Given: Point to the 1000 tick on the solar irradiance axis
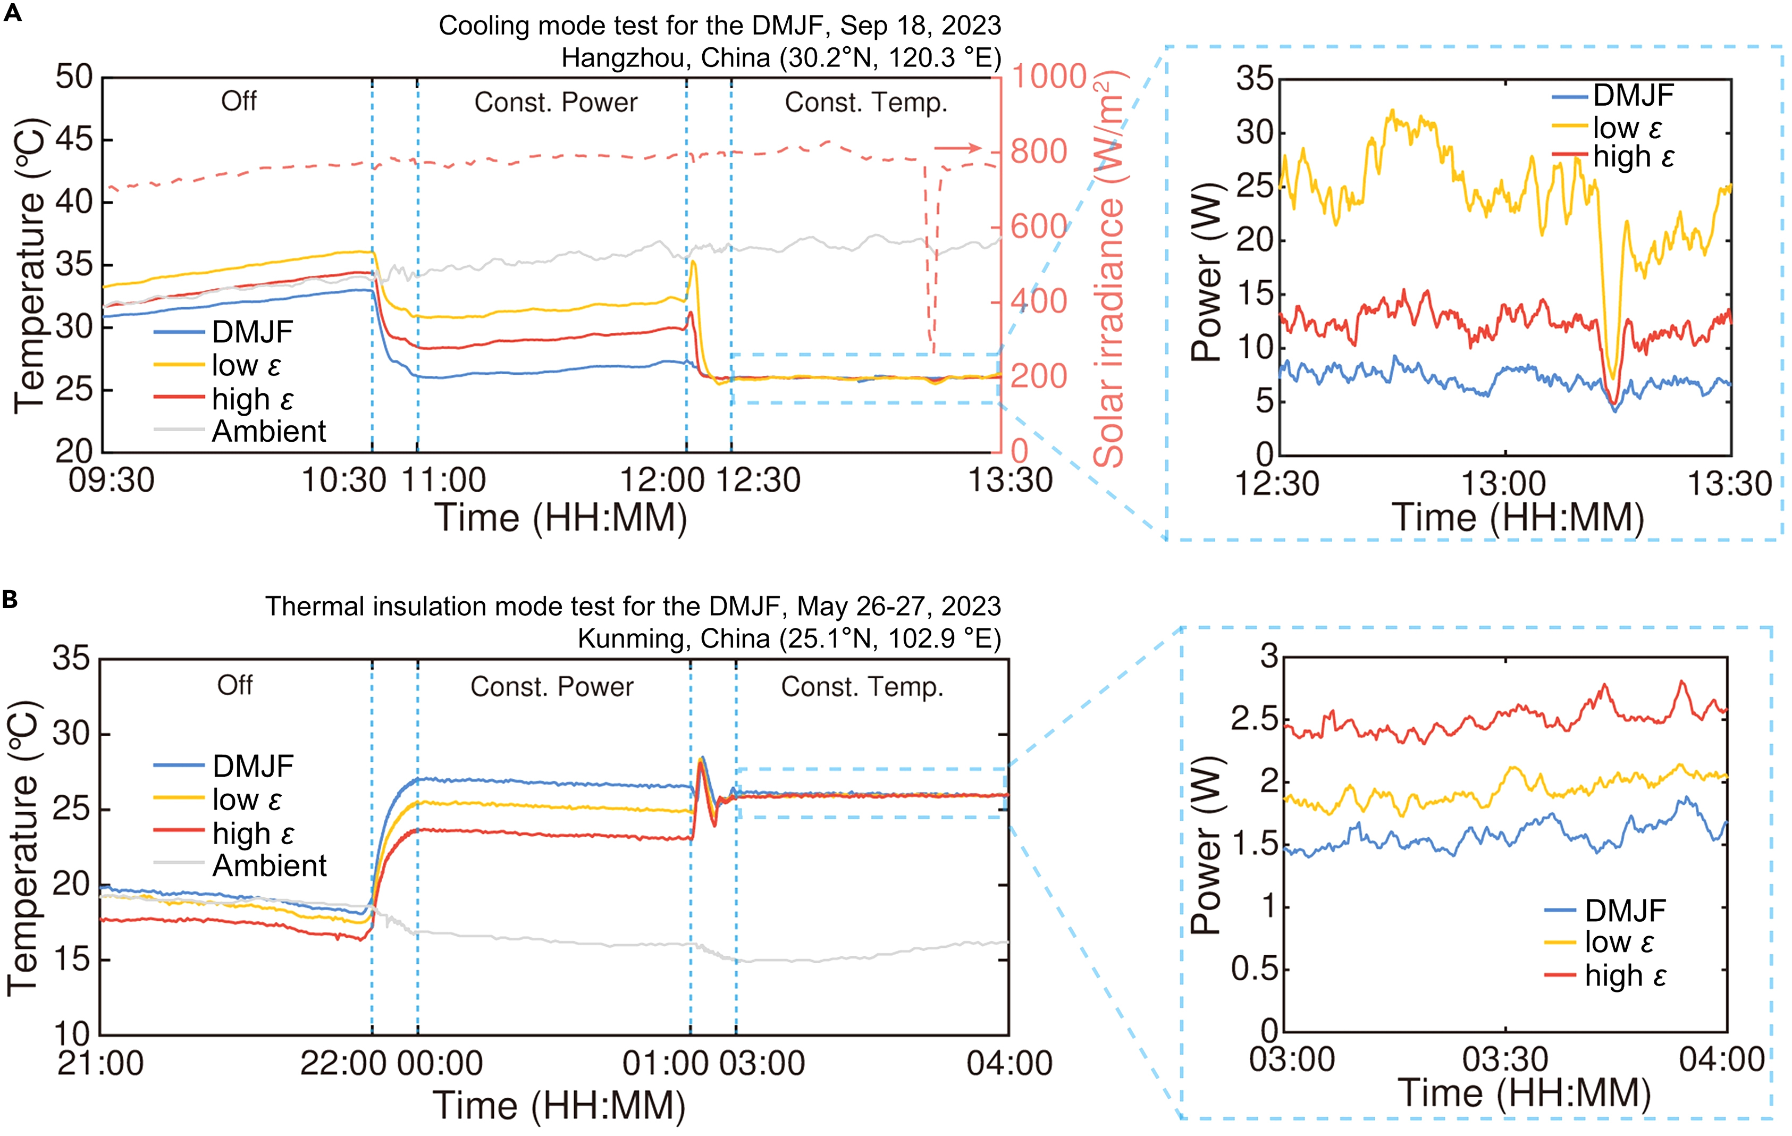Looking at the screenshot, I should click(1048, 77).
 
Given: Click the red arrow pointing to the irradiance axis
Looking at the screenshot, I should click(958, 148).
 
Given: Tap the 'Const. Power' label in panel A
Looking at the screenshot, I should click(556, 103).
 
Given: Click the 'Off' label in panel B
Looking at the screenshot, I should click(234, 685).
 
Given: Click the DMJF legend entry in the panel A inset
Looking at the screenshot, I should click(1633, 95).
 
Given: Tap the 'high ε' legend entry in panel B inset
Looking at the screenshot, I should click(1625, 975).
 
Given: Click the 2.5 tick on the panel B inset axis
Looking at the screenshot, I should click(1254, 720).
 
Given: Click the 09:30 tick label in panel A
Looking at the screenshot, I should click(112, 481).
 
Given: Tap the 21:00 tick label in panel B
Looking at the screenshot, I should click(100, 1064).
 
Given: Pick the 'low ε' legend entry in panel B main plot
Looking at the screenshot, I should click(246, 800).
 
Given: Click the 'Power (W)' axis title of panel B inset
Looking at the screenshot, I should click(1206, 845).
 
